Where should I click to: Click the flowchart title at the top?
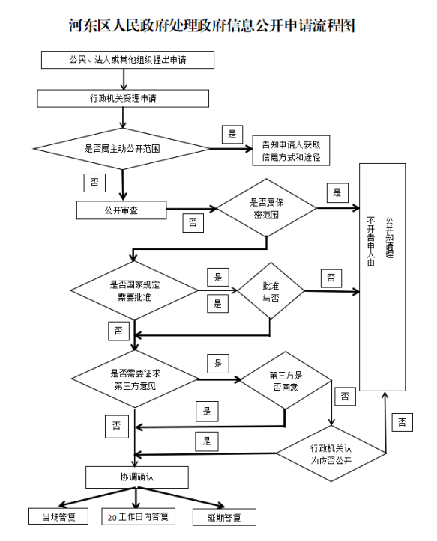click(211, 26)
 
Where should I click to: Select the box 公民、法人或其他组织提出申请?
click(127, 60)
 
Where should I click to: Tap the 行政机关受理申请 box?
click(123, 99)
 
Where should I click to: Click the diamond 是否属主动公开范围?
click(121, 149)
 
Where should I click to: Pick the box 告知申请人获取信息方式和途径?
click(291, 150)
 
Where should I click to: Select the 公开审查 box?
click(121, 210)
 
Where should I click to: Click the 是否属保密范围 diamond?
click(266, 208)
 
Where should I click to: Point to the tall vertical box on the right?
click(382, 277)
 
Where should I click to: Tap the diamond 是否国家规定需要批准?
click(134, 290)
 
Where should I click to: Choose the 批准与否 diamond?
click(271, 291)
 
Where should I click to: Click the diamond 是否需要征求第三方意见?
click(135, 379)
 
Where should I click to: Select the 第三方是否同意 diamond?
click(286, 381)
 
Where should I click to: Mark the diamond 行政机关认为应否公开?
click(331, 453)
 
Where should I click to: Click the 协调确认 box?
click(137, 477)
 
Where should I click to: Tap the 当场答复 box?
click(58, 516)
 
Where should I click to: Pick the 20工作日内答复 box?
click(138, 516)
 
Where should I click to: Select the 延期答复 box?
click(224, 517)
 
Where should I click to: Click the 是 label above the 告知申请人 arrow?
click(232, 134)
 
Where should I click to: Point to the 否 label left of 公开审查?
click(94, 183)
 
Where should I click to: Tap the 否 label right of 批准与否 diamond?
click(331, 278)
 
